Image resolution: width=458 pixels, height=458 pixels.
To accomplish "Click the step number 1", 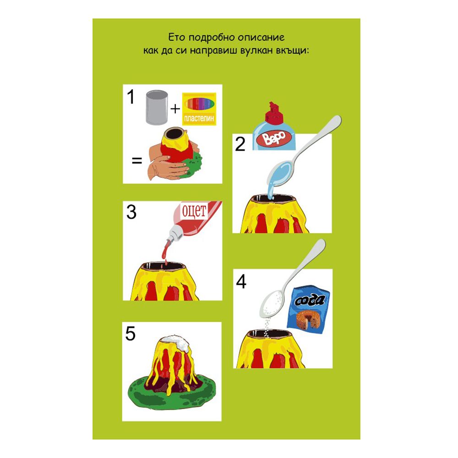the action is point(131,97).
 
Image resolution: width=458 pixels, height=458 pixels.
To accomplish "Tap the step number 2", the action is point(240,144).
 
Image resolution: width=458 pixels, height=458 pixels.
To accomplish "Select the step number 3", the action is point(131,212).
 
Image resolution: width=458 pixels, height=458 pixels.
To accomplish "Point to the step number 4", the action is point(241,282).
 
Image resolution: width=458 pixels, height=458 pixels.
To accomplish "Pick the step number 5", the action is point(131,334).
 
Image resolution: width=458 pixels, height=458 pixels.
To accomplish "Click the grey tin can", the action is point(157,108).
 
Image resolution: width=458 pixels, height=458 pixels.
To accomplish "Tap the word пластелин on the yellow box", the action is point(199,119).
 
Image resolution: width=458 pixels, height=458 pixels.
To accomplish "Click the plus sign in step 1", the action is point(175,109).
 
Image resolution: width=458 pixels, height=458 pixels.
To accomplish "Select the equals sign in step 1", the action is point(137,160).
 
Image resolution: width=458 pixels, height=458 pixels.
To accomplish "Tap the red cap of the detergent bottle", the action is point(274,113).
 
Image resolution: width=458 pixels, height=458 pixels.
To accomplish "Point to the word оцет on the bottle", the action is point(194,211).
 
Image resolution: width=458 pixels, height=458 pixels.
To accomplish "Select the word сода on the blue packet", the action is point(310,300).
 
